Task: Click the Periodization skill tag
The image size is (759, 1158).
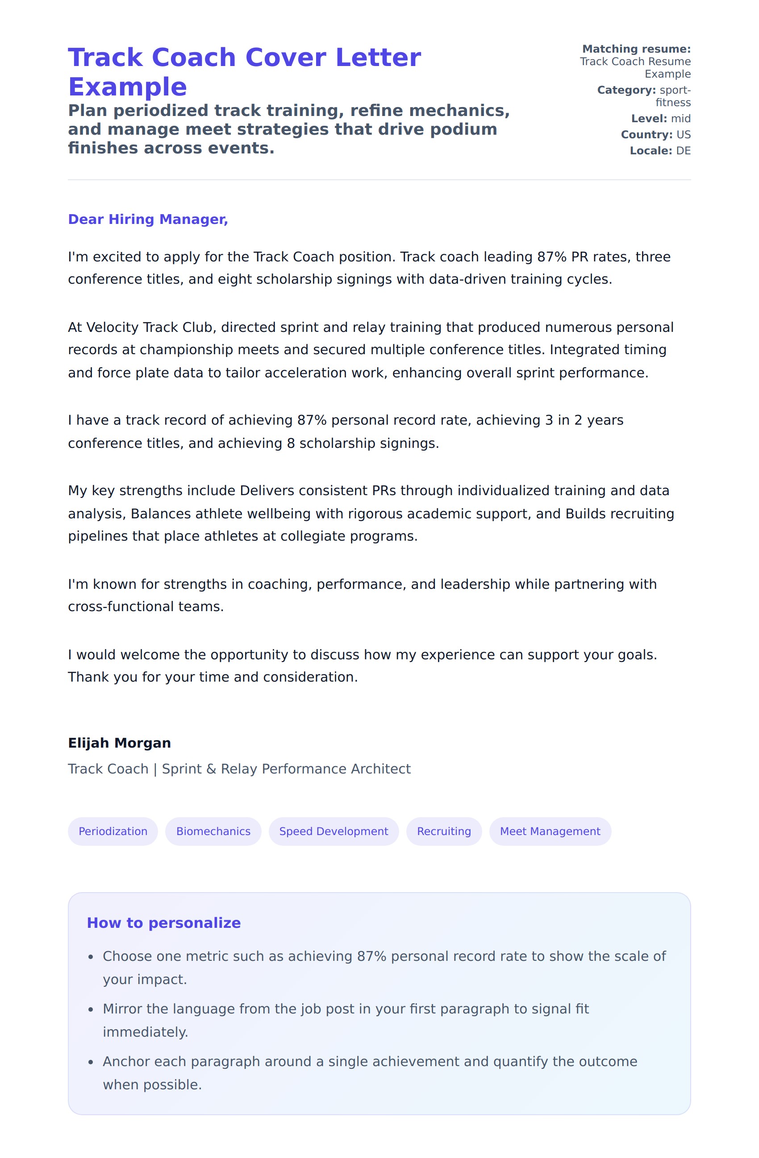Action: click(x=113, y=831)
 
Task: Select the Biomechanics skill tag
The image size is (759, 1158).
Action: click(x=213, y=831)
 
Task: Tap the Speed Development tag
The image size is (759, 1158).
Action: click(x=334, y=831)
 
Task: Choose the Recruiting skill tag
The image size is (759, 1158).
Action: click(x=443, y=831)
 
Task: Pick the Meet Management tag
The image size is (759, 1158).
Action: click(x=550, y=831)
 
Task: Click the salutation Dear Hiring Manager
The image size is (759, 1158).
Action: click(x=148, y=219)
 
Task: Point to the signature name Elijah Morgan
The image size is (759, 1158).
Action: click(x=119, y=743)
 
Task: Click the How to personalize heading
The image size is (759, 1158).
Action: click(x=163, y=923)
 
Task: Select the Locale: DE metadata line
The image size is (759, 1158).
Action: click(x=660, y=151)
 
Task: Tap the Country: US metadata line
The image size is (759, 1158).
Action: click(x=655, y=135)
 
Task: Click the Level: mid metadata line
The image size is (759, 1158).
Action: click(x=661, y=119)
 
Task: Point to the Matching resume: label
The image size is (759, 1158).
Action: click(x=636, y=49)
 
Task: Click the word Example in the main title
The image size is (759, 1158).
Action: click(x=128, y=87)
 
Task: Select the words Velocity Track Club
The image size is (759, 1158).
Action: click(x=150, y=327)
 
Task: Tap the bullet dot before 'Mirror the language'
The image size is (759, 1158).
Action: click(x=91, y=1010)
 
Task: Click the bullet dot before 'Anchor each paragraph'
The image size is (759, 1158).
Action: click(x=91, y=1063)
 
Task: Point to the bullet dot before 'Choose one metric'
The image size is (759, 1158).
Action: click(x=91, y=958)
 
